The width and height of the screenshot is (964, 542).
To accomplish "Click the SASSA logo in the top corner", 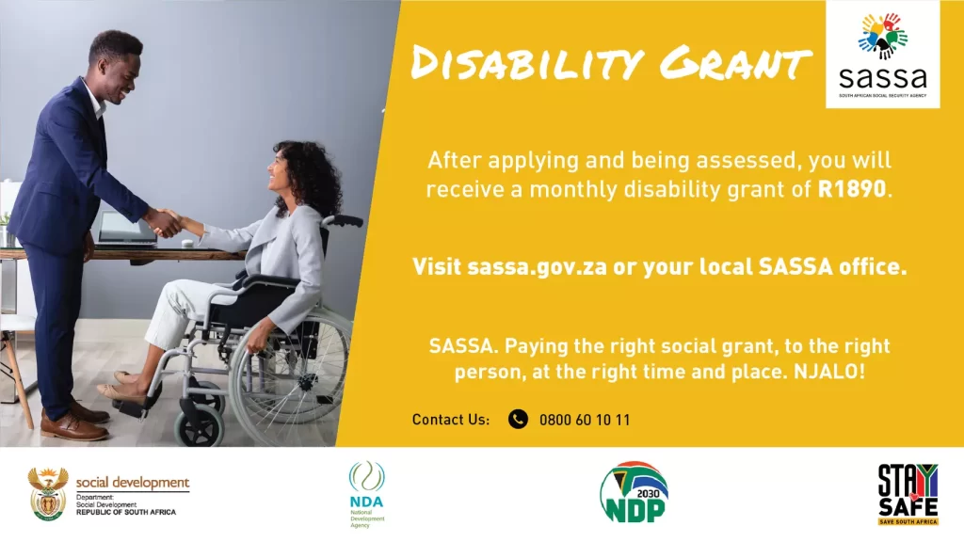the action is point(883,54).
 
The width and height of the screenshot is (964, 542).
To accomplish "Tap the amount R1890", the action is point(851,189).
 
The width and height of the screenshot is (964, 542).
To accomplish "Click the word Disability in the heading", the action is point(527,63).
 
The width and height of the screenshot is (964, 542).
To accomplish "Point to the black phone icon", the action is point(518,419).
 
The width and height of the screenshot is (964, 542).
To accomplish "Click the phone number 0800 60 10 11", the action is point(584,421).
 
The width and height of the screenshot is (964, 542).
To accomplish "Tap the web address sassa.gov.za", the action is point(537,267).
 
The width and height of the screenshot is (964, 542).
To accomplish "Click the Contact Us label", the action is point(451,420).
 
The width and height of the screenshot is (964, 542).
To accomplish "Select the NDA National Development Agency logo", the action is point(367,494).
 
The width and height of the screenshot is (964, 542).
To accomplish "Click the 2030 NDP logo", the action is point(634,493).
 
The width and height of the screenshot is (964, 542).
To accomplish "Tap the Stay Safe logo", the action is point(908,495).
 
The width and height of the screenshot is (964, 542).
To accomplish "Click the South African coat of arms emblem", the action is point(48,494).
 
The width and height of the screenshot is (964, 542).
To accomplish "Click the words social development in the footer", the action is point(133,483).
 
